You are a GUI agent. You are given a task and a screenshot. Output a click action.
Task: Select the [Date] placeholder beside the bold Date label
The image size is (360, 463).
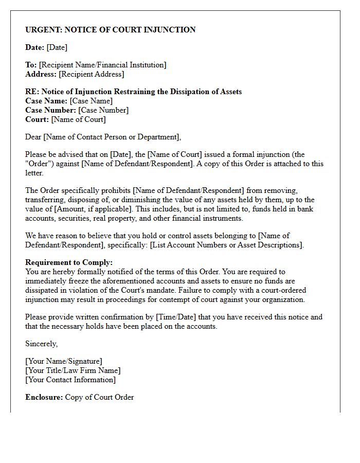point(57,47)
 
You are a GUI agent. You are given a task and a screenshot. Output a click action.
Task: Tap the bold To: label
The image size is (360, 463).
point(31,65)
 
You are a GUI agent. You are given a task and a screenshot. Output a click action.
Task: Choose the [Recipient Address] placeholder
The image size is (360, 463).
point(92,74)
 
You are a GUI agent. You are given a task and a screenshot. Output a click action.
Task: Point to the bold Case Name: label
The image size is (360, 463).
point(46,101)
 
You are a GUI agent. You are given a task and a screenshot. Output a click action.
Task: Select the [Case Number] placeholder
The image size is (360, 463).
point(103,110)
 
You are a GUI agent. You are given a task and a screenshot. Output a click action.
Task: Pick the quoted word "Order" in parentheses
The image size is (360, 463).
point(39,164)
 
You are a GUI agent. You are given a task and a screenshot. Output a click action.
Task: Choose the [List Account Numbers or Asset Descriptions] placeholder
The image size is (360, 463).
point(227,245)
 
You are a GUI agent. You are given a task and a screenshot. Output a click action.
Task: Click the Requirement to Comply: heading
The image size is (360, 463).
point(69,262)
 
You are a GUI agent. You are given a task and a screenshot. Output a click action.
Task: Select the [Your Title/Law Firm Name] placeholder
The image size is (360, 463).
point(73,370)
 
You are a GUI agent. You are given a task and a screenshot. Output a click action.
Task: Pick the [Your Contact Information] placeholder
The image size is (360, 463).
point(70,380)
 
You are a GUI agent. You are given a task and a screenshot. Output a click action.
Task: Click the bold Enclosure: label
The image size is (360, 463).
point(44,397)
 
